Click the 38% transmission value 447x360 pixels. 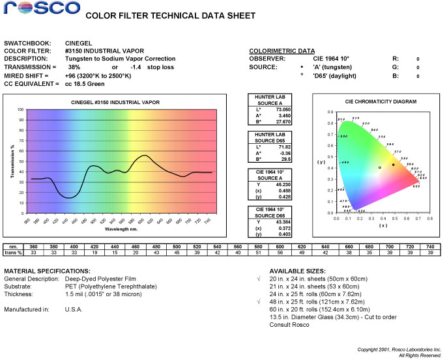[74, 67]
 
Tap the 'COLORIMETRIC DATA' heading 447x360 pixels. [282, 51]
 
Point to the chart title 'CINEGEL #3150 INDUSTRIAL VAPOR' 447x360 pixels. [115, 102]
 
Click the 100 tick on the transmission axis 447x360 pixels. [20, 110]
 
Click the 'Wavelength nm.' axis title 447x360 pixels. [121, 230]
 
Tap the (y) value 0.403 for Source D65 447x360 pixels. [284, 234]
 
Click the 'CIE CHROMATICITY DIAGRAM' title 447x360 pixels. [381, 102]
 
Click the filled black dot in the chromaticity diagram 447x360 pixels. [393, 165]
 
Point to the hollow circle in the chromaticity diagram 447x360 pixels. [379, 167]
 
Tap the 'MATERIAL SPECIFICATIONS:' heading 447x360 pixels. [48, 270]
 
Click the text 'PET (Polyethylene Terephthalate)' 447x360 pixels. [107, 285]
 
